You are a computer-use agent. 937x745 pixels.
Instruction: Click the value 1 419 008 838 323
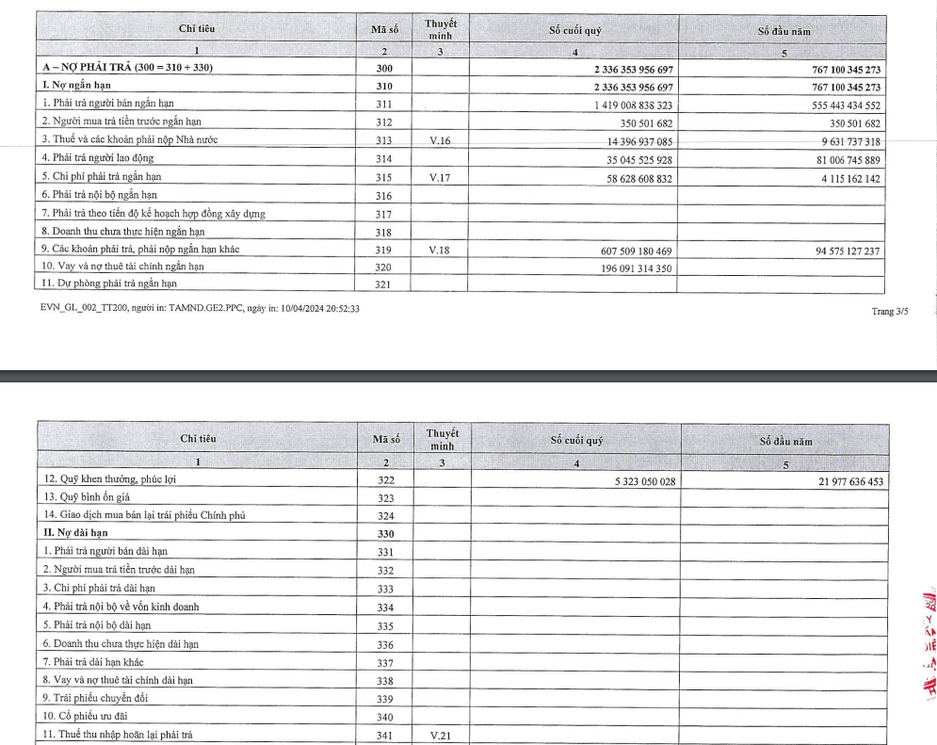(633, 105)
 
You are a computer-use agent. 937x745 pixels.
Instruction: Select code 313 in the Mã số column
(384, 141)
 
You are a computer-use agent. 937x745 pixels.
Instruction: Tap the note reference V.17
(440, 177)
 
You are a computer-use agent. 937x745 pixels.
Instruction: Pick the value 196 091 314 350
(633, 267)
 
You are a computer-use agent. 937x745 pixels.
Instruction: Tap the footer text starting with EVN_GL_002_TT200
(199, 308)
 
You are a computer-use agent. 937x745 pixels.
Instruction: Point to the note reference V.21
(440, 734)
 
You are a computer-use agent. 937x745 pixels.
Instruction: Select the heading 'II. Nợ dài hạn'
(75, 533)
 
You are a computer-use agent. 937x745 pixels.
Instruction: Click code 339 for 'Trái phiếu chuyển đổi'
(384, 698)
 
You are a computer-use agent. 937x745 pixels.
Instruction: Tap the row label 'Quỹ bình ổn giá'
(89, 497)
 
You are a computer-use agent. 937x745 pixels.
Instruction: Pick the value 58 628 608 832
(637, 177)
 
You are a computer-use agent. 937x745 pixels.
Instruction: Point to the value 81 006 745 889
(837, 159)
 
